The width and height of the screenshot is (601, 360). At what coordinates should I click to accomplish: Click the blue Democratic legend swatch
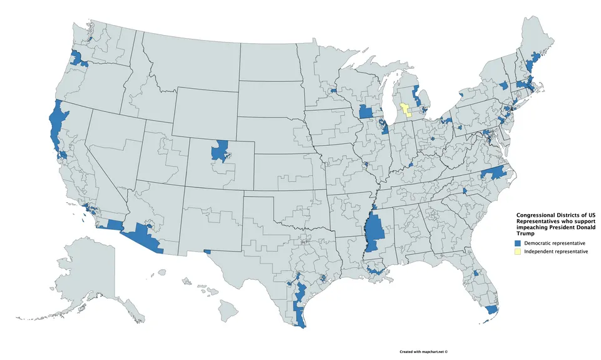point(517,242)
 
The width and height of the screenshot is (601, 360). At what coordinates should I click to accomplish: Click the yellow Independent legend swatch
point(517,251)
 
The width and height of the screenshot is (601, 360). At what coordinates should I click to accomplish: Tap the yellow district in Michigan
point(404,110)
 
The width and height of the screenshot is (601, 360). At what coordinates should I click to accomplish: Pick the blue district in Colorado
point(219,151)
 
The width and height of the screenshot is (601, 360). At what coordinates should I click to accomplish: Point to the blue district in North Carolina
point(495,173)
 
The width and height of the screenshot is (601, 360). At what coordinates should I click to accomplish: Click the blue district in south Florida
point(492,309)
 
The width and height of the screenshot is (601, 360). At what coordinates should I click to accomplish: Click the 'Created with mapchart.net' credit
point(424,352)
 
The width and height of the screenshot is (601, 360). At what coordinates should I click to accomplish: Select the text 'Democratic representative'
point(555,242)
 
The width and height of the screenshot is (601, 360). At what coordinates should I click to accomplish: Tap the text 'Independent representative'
point(556,251)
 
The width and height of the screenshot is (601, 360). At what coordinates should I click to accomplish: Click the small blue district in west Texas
point(207,252)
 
